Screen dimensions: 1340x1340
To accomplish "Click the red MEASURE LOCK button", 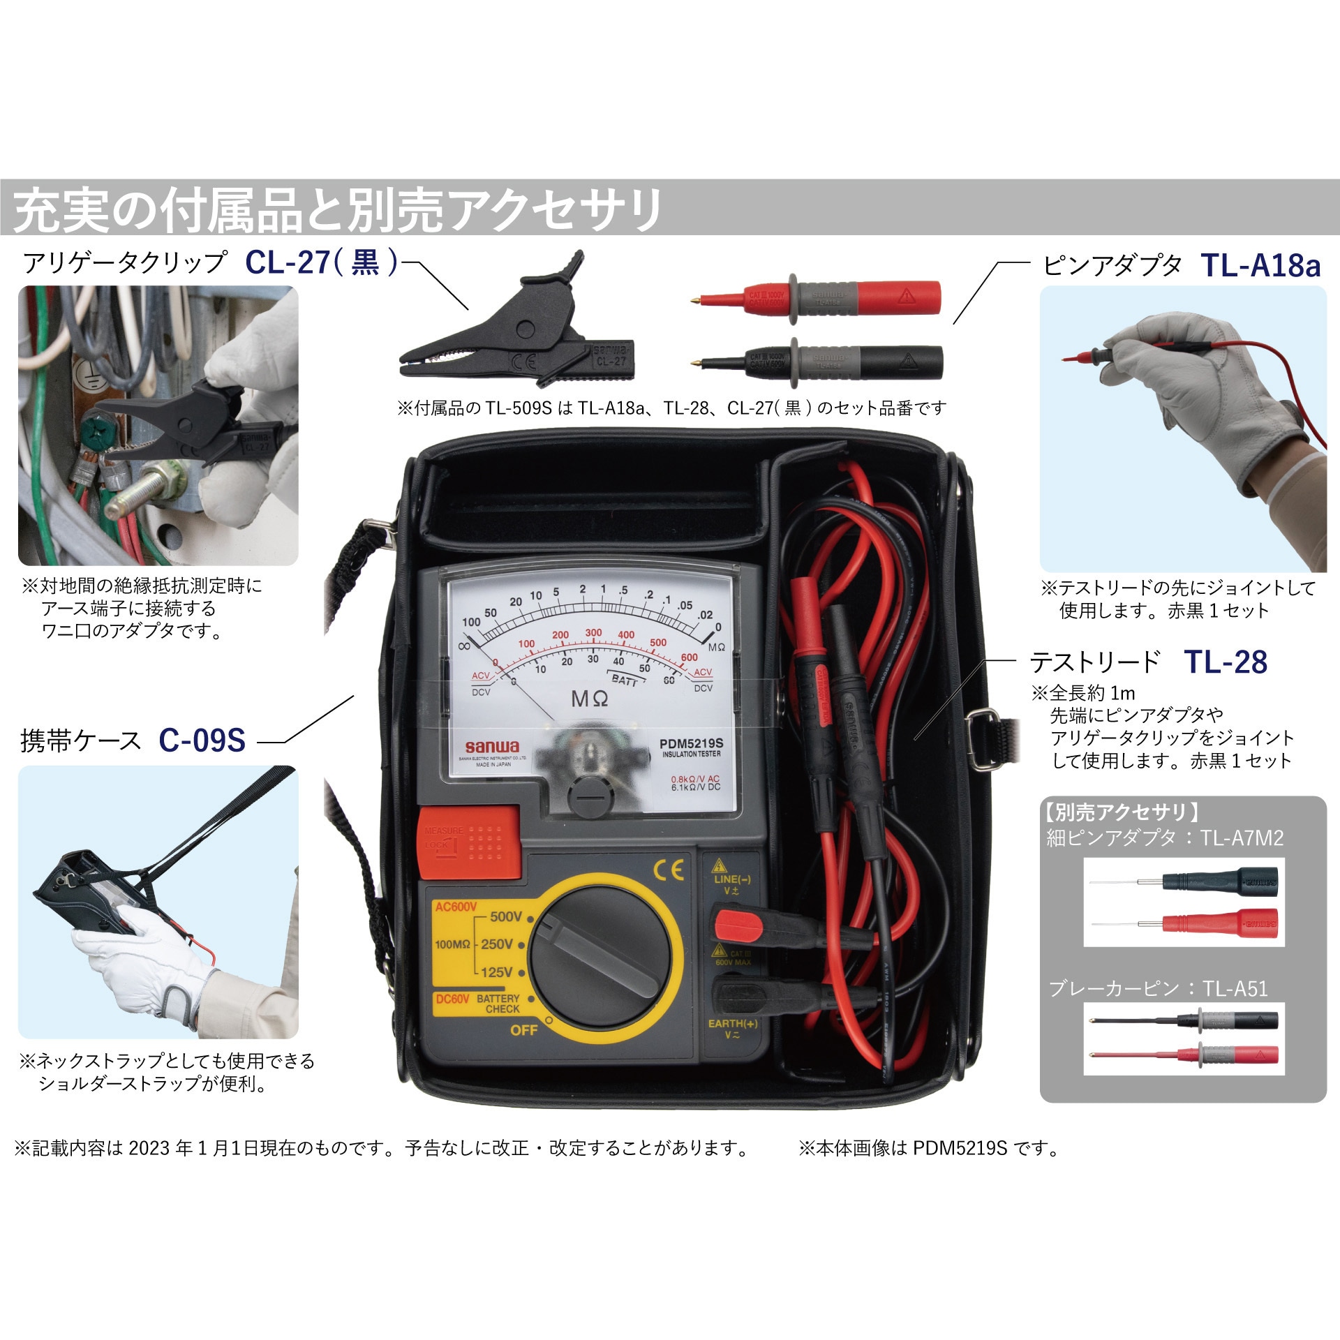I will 469,841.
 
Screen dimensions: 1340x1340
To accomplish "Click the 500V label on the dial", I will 505,916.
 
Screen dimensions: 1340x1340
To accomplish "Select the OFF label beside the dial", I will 524,1030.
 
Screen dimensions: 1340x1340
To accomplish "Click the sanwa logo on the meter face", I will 484,747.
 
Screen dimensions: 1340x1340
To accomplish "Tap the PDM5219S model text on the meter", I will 691,744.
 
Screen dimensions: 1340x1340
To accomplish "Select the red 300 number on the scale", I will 593,632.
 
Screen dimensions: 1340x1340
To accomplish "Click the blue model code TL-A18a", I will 1260,266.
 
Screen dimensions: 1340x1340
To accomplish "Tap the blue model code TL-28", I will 1226,662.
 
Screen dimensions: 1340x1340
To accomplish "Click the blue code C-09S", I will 202,740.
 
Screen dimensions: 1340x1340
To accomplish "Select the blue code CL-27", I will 287,262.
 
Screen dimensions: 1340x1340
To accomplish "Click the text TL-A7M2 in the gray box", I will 1242,837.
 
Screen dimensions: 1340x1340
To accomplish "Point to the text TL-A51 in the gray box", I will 1235,988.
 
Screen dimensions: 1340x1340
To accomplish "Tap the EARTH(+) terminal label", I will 732,1023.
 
